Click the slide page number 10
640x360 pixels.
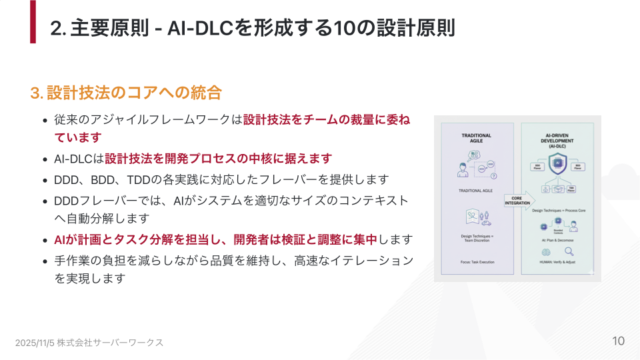coord(618,341)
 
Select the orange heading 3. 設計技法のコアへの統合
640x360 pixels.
coord(126,93)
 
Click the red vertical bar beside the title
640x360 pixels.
coord(33,22)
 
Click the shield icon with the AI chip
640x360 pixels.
coord(558,163)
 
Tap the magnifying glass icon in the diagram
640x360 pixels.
coord(569,251)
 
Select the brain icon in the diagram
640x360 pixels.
coord(545,252)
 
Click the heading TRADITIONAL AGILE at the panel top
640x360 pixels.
coord(476,138)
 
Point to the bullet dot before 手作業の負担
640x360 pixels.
coord(45,261)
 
